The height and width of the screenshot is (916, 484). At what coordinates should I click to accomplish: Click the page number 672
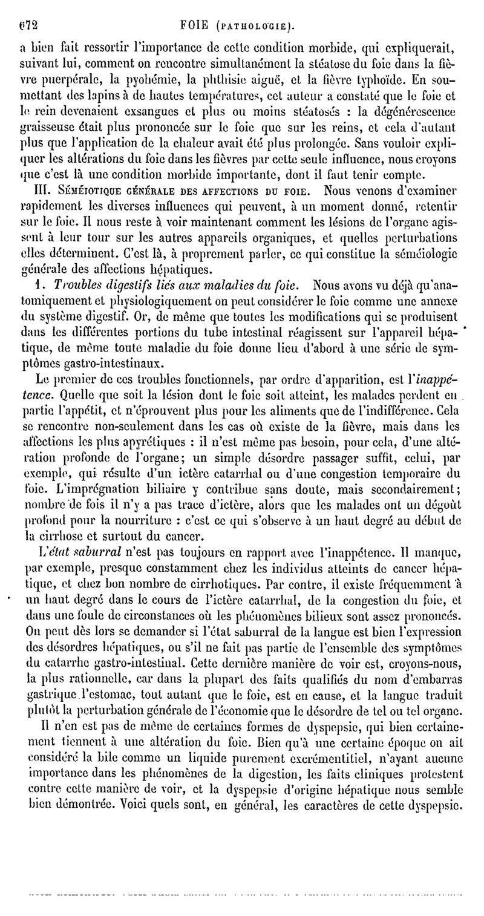28,9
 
